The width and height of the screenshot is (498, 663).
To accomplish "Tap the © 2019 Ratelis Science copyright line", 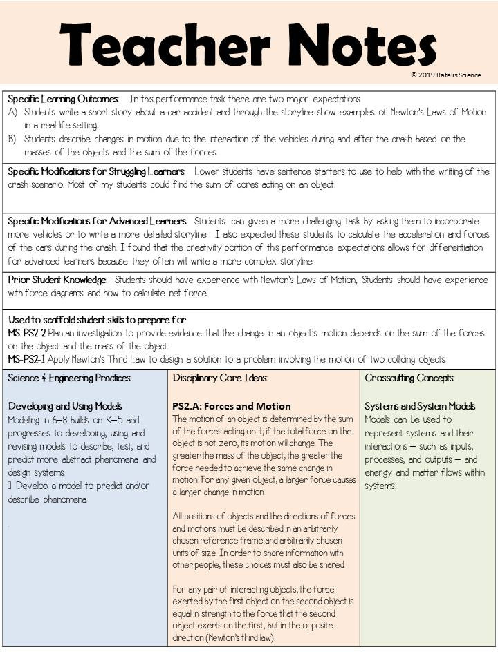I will (445, 75).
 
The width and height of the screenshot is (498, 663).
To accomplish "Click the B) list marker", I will (13, 139).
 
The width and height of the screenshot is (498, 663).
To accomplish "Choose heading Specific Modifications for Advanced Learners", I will (97, 221).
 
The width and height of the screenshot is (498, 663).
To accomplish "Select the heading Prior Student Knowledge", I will (57, 280).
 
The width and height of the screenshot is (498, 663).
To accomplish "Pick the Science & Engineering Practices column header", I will (69, 378).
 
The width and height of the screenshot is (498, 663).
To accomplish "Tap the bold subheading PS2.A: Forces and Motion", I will (231, 406).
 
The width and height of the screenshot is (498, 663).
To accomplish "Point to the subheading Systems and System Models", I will (420, 406).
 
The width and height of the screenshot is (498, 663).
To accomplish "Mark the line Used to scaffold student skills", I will (96, 320).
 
